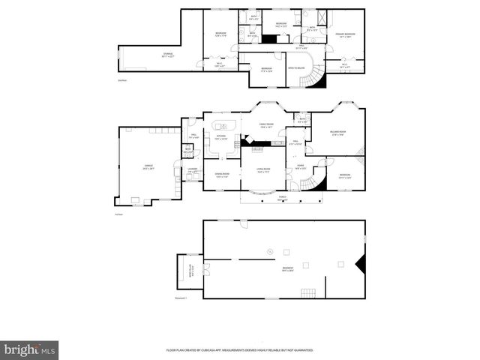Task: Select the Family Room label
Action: (265, 126)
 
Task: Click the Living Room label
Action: (263, 171)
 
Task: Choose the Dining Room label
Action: (221, 175)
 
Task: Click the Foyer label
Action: (299, 167)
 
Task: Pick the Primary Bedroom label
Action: (345, 35)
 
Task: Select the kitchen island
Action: (224, 124)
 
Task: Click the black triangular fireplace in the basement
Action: (361, 263)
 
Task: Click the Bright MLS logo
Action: (30, 349)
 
